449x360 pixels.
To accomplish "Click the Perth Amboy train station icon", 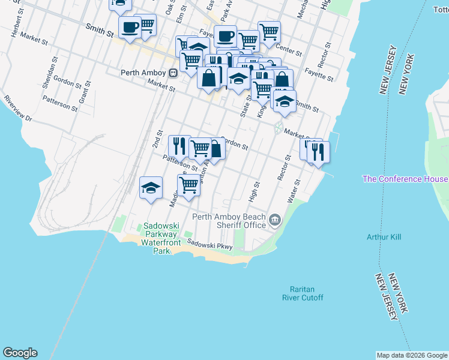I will [x=173, y=73].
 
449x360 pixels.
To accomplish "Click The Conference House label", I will [x=405, y=179].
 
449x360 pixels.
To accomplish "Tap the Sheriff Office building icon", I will [x=275, y=220].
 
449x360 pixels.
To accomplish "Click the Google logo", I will [x=20, y=353].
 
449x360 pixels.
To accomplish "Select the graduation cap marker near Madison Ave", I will [x=151, y=188].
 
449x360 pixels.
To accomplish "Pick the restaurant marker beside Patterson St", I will [x=179, y=145].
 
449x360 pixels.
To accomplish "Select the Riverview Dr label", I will [x=18, y=108].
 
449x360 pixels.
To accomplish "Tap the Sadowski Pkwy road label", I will [x=209, y=244].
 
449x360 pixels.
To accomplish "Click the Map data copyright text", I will [x=412, y=355].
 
